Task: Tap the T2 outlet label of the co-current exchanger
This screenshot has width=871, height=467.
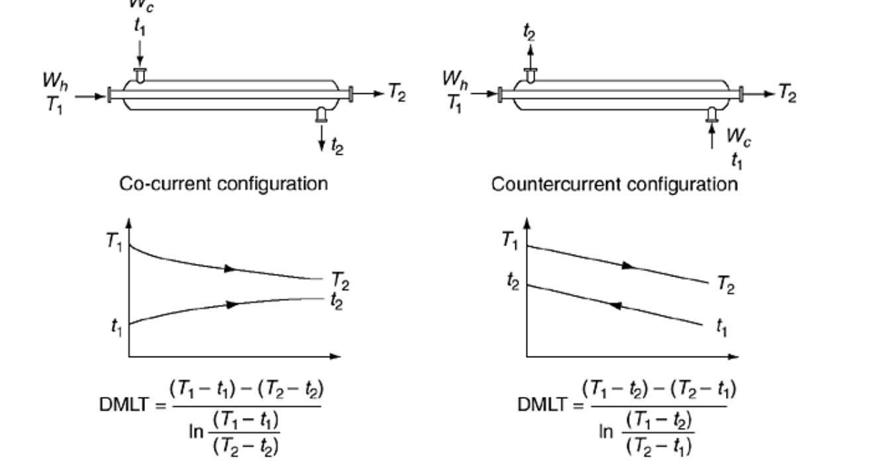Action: point(397,94)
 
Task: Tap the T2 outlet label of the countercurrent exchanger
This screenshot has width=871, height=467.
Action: point(788,94)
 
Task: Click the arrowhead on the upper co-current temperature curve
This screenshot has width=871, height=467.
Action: point(230,269)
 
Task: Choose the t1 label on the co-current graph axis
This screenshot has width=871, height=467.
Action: point(116,325)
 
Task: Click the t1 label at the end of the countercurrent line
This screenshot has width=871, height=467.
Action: point(720,327)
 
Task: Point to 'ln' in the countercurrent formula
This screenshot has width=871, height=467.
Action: point(607,432)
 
